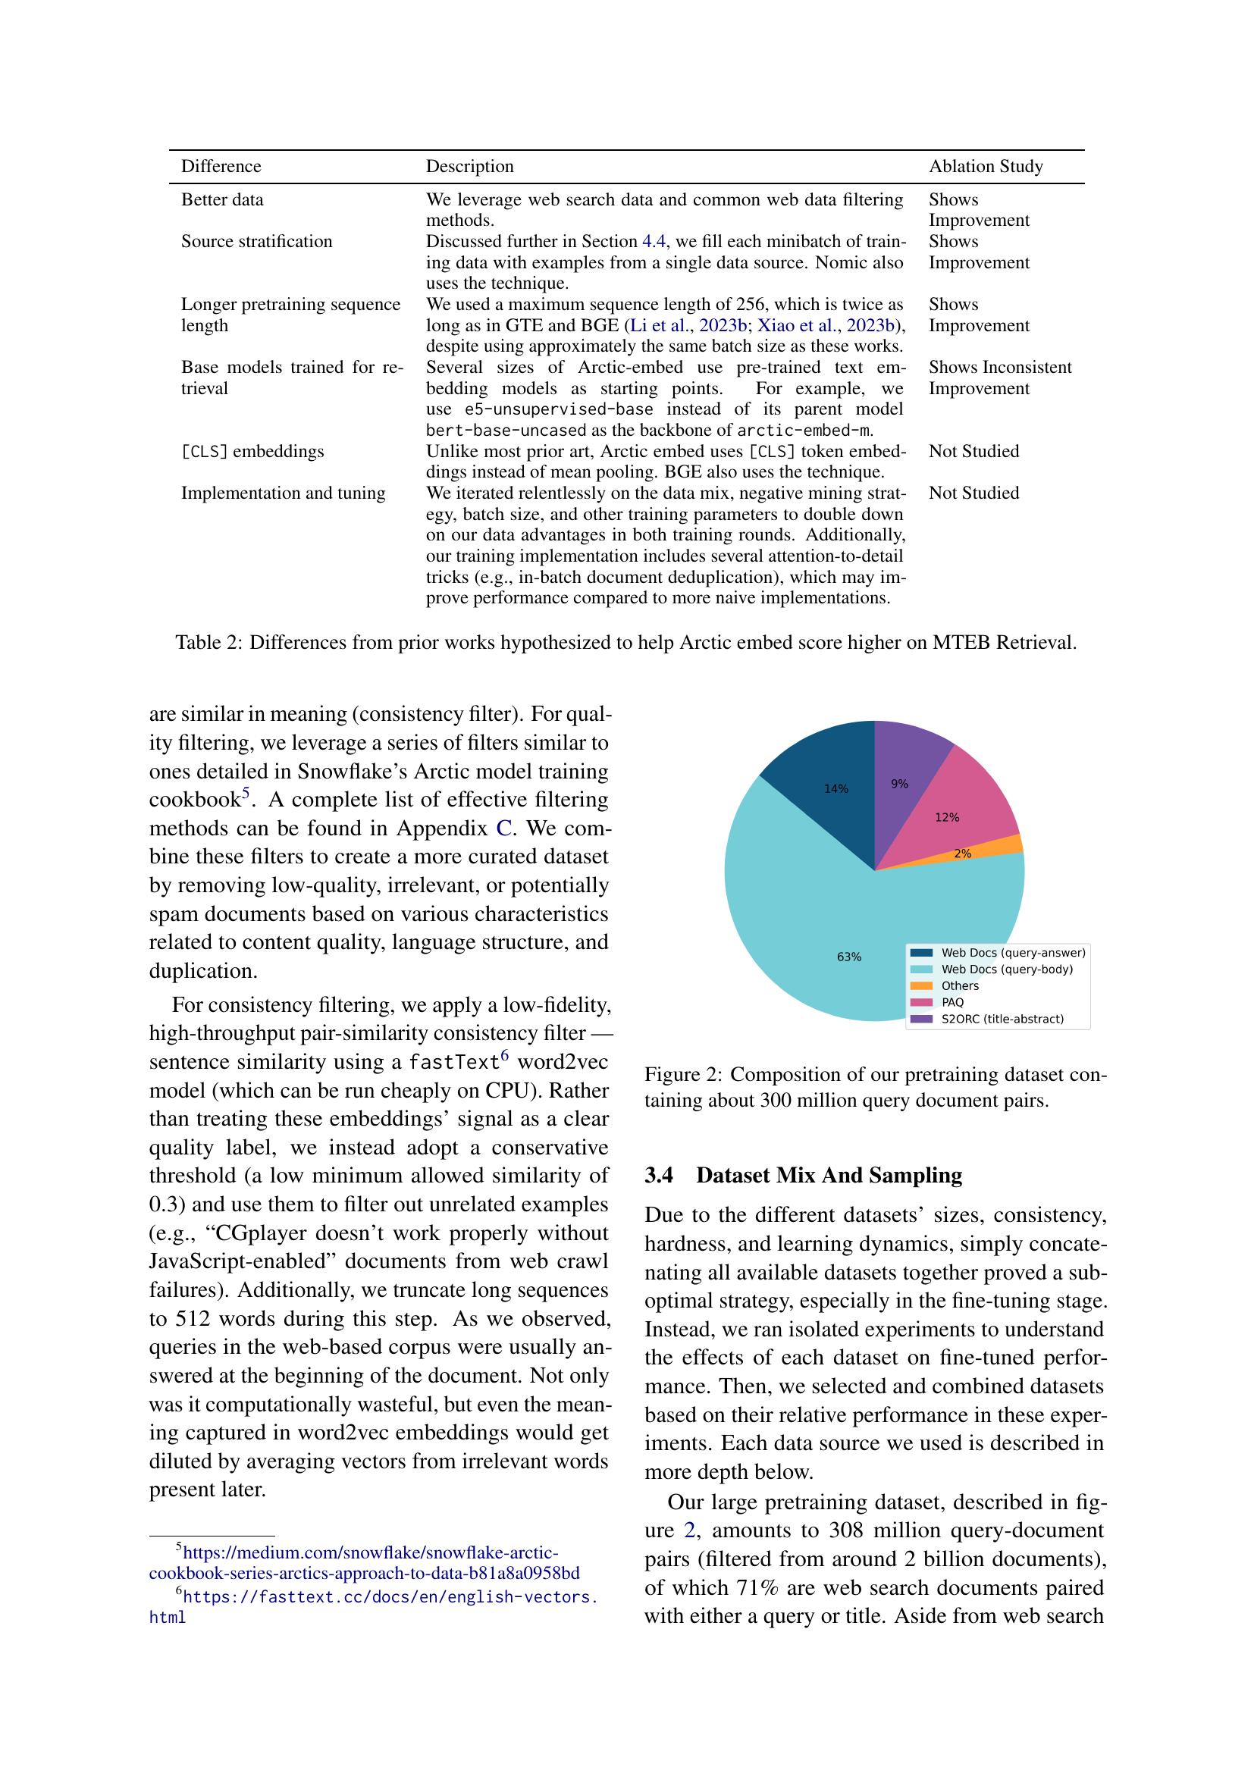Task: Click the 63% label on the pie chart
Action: (848, 957)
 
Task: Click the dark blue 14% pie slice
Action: (826, 780)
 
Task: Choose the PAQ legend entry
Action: (952, 1002)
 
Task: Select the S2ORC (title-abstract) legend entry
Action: (1002, 1020)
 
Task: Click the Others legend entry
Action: (959, 986)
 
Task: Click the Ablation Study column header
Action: (986, 166)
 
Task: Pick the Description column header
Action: (469, 166)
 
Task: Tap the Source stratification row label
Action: (256, 242)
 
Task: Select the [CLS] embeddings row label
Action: (252, 451)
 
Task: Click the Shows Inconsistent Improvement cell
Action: (999, 377)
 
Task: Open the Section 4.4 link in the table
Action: (654, 242)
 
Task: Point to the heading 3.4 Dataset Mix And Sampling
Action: (803, 1176)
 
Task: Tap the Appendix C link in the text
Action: (503, 828)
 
